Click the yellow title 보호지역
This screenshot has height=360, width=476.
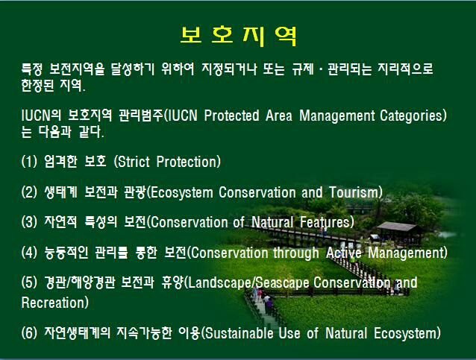click(x=238, y=37)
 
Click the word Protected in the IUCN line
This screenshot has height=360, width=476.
click(x=231, y=116)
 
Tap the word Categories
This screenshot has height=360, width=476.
click(x=411, y=116)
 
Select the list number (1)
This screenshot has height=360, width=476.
click(x=29, y=161)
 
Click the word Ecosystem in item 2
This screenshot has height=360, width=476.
click(x=182, y=193)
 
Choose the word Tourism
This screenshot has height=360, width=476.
click(x=354, y=192)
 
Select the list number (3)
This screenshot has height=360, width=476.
click(x=29, y=222)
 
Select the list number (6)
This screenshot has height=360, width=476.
click(x=29, y=333)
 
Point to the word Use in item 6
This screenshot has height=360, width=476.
click(x=289, y=333)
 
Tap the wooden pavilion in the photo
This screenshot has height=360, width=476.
click(x=398, y=233)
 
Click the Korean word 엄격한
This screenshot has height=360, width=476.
click(x=60, y=161)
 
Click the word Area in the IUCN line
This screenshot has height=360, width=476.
click(x=279, y=116)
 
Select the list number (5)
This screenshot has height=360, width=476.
click(x=29, y=282)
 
